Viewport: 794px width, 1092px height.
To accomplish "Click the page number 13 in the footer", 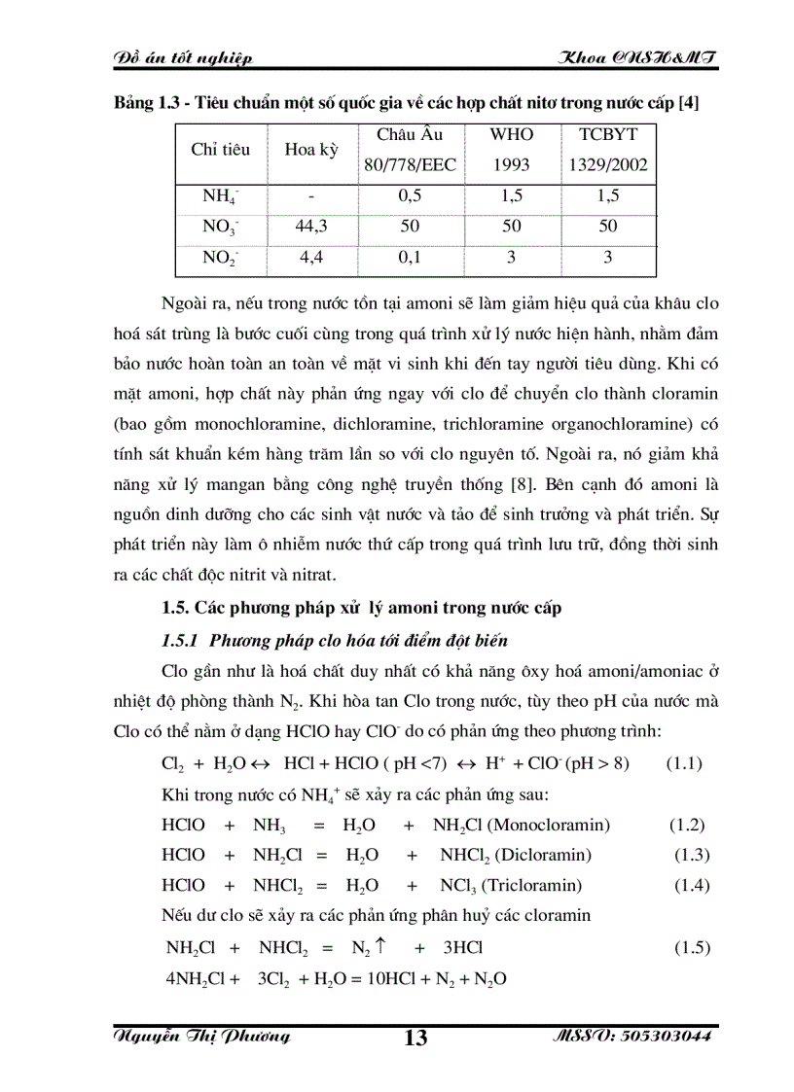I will [x=415, y=1038].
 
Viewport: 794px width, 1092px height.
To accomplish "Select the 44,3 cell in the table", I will [x=310, y=226].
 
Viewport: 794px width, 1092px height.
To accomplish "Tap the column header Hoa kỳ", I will [x=310, y=150].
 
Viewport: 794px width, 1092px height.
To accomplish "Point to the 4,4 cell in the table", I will [x=310, y=258].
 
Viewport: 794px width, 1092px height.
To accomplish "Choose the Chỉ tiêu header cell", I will [x=220, y=150].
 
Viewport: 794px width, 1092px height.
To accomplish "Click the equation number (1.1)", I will [x=685, y=763].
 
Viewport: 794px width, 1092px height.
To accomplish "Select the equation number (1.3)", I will [x=692, y=855].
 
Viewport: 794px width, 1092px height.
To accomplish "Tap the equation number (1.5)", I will [x=692, y=947].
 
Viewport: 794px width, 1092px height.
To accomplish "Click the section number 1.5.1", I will [x=180, y=640].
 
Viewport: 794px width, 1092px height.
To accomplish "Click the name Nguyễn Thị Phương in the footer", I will [x=202, y=1037].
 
